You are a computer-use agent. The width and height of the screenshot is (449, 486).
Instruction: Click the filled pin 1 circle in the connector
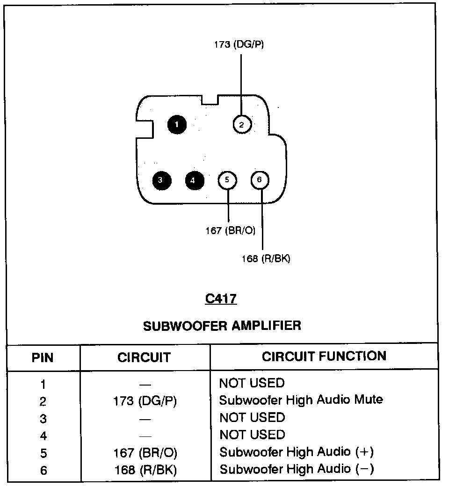click(x=177, y=125)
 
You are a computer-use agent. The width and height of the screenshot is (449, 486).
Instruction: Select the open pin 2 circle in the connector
click(x=242, y=124)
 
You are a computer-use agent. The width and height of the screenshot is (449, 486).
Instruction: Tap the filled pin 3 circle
click(x=162, y=180)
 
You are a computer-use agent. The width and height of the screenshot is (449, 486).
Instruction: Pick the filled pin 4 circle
click(x=195, y=180)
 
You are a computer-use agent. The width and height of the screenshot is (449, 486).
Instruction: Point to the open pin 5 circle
click(x=227, y=180)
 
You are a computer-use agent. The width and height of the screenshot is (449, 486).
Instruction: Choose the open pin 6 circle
click(x=260, y=180)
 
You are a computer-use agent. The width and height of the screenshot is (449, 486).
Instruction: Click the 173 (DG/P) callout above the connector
click(x=239, y=45)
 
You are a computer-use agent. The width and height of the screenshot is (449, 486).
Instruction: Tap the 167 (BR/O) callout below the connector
click(x=231, y=230)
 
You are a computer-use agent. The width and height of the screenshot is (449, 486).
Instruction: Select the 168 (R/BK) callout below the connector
click(x=266, y=258)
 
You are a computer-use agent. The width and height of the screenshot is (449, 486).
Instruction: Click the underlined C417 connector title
click(x=221, y=299)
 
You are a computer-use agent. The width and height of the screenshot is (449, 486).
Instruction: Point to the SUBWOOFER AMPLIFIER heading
click(x=222, y=326)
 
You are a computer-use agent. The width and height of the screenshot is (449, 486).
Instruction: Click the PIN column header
click(x=43, y=357)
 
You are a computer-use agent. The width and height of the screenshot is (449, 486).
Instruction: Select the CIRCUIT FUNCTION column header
click(x=324, y=357)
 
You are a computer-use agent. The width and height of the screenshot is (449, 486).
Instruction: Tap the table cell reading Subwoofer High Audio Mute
click(x=301, y=400)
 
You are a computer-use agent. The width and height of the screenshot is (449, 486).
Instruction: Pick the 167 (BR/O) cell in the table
click(x=145, y=453)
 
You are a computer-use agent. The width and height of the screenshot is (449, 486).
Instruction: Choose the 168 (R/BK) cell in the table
click(x=145, y=470)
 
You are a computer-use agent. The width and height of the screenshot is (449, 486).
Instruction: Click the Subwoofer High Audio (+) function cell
click(x=297, y=452)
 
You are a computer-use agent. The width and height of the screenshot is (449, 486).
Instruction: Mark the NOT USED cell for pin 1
click(x=252, y=383)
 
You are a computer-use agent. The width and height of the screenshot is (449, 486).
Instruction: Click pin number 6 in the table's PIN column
click(x=43, y=471)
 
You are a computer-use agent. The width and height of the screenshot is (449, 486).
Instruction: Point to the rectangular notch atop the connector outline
click(x=210, y=100)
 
